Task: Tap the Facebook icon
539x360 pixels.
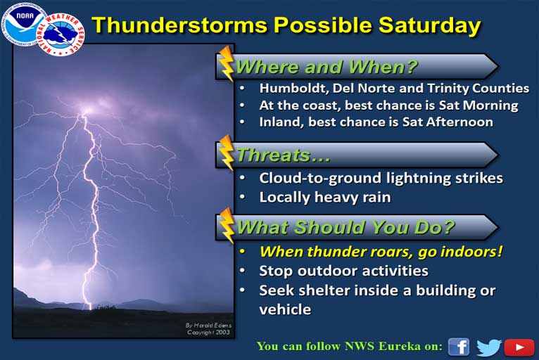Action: click(459, 347)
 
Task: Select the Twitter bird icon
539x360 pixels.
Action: click(489, 347)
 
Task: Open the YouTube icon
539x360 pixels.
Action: click(519, 347)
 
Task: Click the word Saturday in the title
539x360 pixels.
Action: click(429, 25)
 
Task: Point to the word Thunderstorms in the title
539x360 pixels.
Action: click(179, 25)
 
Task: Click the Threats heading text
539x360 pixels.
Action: click(283, 155)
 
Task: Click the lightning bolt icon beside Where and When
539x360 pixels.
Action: click(227, 63)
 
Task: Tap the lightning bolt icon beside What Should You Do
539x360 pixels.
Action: click(227, 226)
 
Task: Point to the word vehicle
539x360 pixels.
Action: click(285, 309)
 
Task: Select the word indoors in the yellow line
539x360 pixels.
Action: click(471, 252)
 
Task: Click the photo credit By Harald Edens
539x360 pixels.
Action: click(208, 325)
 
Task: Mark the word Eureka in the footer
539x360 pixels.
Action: click(400, 346)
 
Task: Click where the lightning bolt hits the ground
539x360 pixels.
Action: click(89, 308)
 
